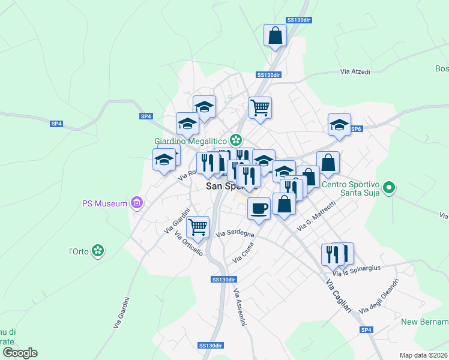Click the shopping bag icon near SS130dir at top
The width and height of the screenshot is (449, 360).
click(x=276, y=35)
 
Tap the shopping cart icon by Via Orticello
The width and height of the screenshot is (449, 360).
click(x=197, y=227)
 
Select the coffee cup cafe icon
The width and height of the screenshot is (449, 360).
click(x=259, y=208)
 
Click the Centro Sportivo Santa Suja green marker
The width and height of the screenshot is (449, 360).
click(x=388, y=188)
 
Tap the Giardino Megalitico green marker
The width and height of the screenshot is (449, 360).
click(x=236, y=140)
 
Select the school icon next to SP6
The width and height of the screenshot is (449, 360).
click(x=339, y=125)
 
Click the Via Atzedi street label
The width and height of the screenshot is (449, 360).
click(x=355, y=71)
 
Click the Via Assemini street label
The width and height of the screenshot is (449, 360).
click(x=240, y=308)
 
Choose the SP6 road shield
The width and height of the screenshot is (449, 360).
click(x=356, y=128)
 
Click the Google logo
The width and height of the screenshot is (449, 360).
click(x=20, y=352)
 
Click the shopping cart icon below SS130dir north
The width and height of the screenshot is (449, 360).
click(x=260, y=107)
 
